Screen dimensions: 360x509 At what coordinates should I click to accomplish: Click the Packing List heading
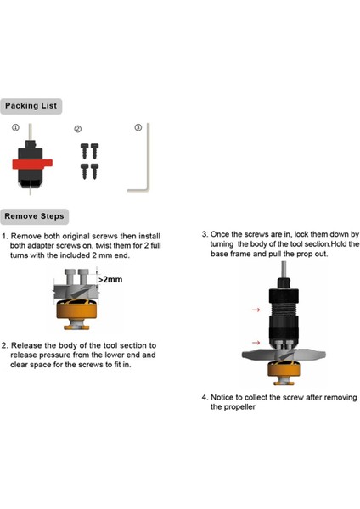click(x=31, y=106)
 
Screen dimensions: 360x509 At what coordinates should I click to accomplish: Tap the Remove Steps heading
click(x=34, y=216)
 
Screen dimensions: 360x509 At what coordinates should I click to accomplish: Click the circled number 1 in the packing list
click(x=15, y=127)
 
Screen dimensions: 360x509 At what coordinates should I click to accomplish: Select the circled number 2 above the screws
click(x=78, y=129)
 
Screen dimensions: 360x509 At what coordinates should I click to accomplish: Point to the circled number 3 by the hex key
click(x=138, y=127)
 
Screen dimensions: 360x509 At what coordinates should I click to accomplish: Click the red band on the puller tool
click(x=32, y=164)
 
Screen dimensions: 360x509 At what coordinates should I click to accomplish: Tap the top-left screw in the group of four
click(x=84, y=151)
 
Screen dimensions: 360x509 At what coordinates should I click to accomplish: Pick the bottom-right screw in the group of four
click(x=94, y=171)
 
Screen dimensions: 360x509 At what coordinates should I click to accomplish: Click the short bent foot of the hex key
click(x=138, y=190)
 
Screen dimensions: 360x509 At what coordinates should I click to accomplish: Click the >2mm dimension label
click(x=110, y=279)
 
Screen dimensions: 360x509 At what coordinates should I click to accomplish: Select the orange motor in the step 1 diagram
click(x=76, y=310)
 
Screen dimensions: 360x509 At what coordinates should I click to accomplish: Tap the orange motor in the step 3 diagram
click(x=284, y=369)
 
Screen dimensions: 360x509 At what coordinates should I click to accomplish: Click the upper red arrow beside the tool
click(x=256, y=310)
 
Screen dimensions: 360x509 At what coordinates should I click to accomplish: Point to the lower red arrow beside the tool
click(x=256, y=343)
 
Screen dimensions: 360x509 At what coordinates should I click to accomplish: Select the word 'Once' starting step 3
click(x=219, y=234)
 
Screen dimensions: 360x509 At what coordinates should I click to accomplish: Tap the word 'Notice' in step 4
click(x=222, y=397)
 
